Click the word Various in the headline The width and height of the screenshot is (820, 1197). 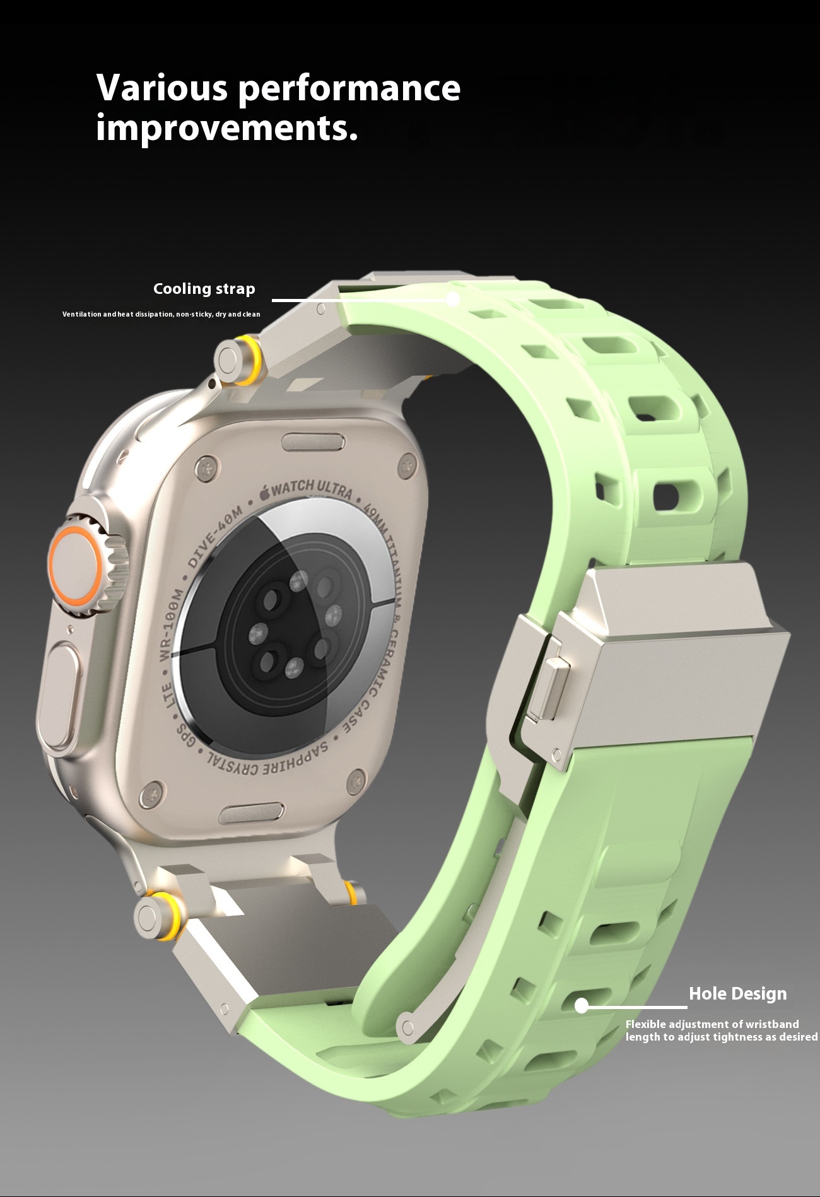[x=161, y=88]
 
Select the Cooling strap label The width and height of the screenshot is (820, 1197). [x=204, y=289]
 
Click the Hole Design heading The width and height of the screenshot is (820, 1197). [x=737, y=994]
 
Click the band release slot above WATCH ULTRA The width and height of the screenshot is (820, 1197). [x=313, y=442]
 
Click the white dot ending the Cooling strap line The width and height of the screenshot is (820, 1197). [x=453, y=300]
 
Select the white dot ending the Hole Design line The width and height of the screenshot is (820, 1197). [x=582, y=1006]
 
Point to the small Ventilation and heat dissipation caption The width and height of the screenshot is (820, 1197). [x=161, y=314]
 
